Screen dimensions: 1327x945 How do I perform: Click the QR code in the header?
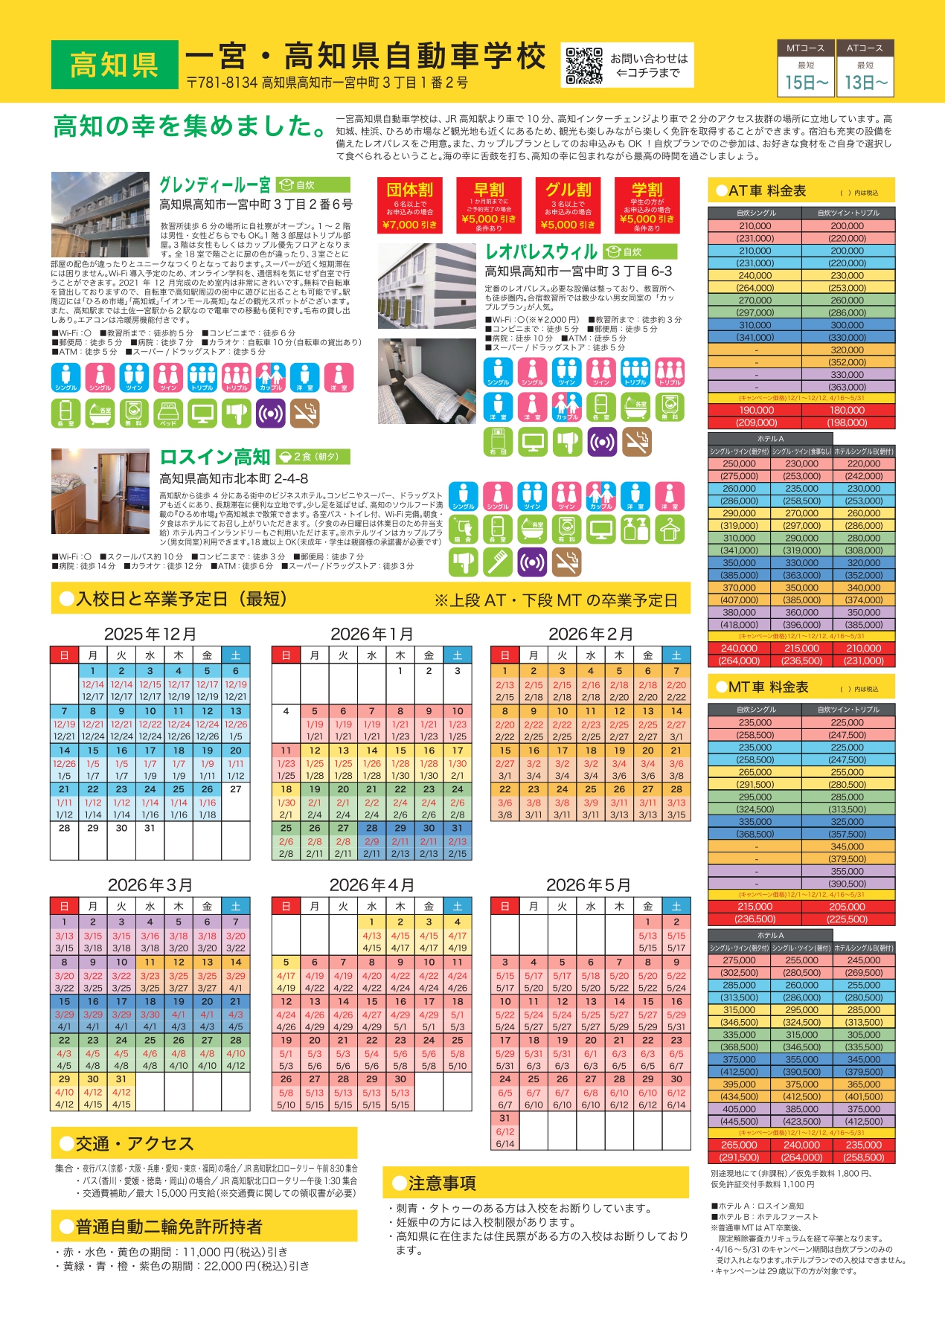(583, 65)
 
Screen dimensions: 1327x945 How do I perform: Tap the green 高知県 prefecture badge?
(115, 65)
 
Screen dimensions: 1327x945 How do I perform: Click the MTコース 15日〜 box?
(806, 68)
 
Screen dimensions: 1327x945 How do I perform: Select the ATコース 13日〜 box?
(865, 68)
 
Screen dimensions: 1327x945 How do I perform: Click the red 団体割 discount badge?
(409, 204)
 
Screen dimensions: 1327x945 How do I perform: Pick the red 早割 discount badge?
(489, 204)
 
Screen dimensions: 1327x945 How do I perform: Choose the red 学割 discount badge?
(647, 204)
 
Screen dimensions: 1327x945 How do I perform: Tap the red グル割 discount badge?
(568, 204)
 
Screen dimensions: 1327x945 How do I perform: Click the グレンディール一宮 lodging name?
(215, 184)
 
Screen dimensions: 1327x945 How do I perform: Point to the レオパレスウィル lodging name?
(542, 251)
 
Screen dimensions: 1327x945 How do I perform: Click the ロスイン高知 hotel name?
(215, 457)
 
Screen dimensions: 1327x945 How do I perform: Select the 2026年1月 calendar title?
(371, 634)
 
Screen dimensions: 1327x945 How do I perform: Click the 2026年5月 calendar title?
(589, 885)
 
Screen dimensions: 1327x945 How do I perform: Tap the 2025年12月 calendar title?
(150, 634)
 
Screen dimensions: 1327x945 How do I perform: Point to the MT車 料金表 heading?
(769, 687)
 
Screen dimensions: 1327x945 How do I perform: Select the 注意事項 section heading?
(442, 1183)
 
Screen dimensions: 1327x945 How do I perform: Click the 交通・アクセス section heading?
(134, 1143)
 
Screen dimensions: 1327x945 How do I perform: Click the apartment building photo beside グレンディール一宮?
(100, 215)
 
